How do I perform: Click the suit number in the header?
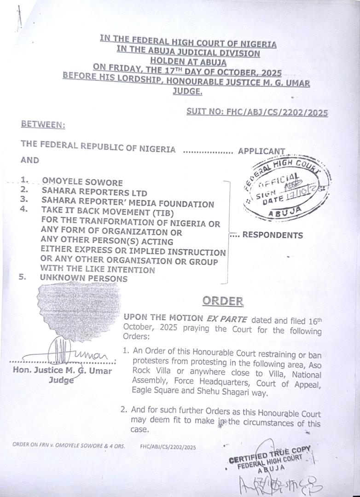257,112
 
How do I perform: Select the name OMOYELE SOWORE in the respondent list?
82,182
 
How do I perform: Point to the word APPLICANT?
261,151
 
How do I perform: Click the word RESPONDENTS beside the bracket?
272,235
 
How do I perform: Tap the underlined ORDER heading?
223,301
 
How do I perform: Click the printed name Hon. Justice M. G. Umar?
63,371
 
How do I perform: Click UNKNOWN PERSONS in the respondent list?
84,278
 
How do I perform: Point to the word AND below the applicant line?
29,161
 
